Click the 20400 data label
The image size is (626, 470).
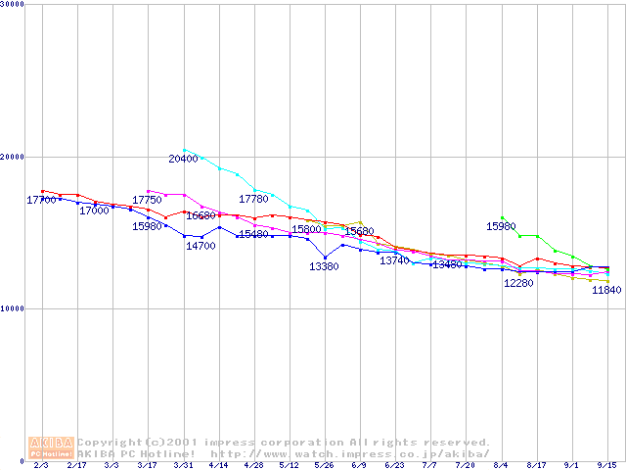click(x=183, y=159)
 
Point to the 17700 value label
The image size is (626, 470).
click(x=41, y=200)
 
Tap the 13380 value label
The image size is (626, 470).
click(x=324, y=266)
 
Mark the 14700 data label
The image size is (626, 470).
click(x=201, y=246)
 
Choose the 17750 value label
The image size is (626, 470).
click(x=147, y=200)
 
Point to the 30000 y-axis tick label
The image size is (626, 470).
click(x=13, y=4)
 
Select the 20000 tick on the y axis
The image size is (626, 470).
click(x=13, y=157)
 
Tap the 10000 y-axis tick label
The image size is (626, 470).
click(x=13, y=308)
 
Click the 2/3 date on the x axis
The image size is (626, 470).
click(x=40, y=466)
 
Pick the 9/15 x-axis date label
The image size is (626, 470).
click(x=607, y=466)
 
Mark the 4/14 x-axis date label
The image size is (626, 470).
click(x=218, y=466)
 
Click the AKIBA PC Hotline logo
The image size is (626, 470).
click(x=51, y=447)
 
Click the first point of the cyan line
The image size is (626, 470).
click(x=184, y=150)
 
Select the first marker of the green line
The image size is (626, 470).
click(x=502, y=217)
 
